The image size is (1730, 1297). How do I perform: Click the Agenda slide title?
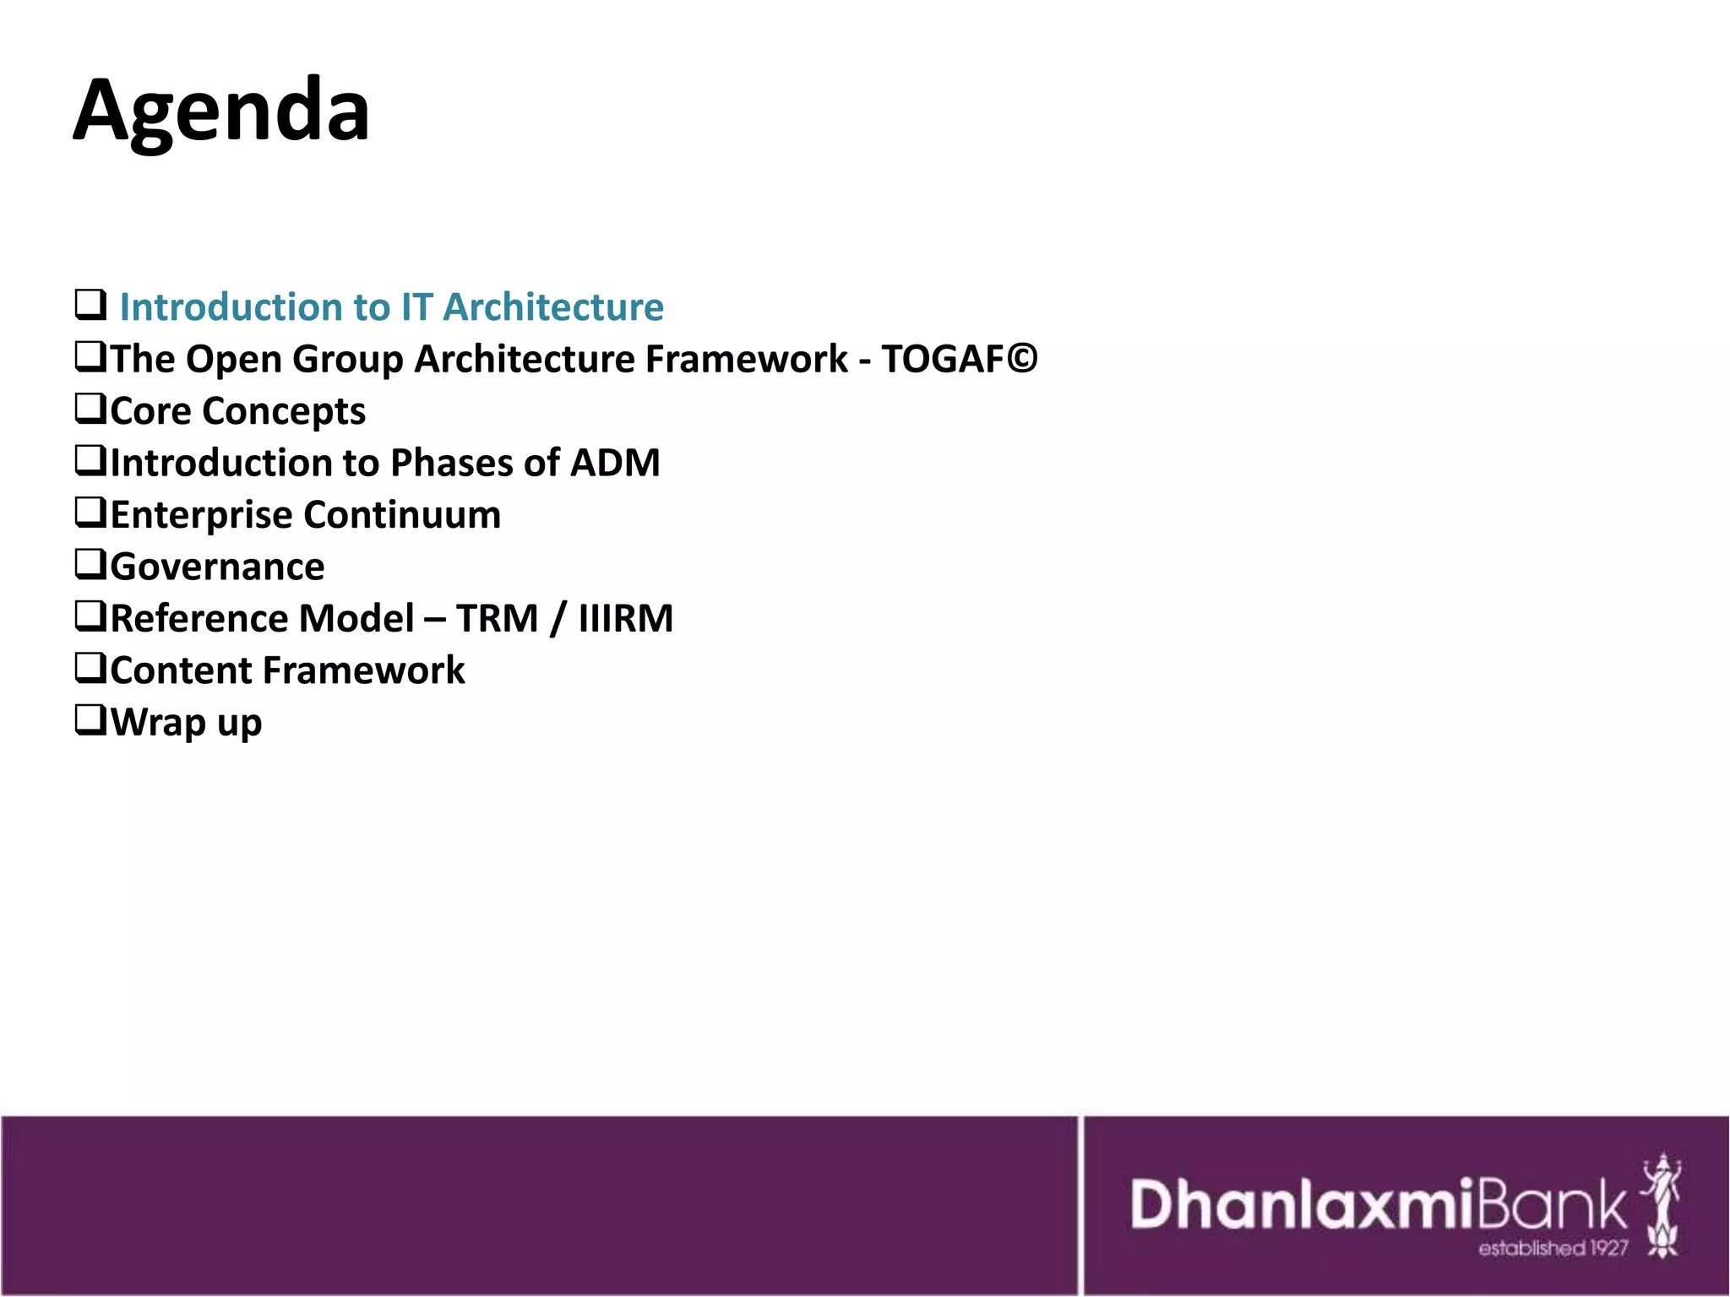(x=221, y=111)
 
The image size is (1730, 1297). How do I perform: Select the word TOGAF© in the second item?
(x=960, y=359)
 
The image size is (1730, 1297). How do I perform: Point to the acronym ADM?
(x=615, y=463)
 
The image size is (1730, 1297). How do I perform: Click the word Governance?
(x=217, y=567)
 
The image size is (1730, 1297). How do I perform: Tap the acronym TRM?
(x=497, y=618)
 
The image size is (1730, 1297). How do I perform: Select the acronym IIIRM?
(x=626, y=618)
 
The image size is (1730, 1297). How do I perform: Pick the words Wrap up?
(x=186, y=723)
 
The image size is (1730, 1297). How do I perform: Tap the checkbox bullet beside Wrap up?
(x=90, y=719)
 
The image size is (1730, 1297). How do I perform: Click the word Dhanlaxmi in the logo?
(x=1303, y=1204)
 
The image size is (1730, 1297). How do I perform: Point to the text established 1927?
(x=1553, y=1248)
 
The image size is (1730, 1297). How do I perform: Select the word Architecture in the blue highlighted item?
(x=553, y=307)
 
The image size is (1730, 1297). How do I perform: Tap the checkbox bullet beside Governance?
(x=90, y=564)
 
